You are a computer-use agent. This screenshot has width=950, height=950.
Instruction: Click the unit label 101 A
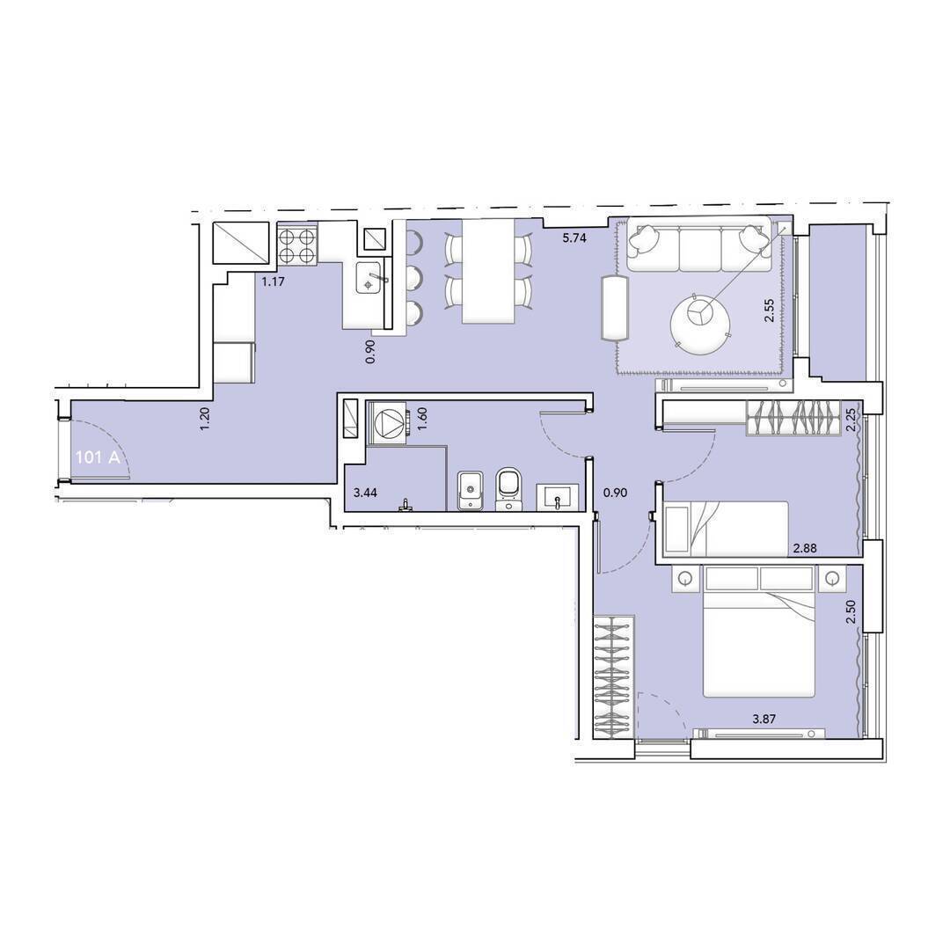[97, 457]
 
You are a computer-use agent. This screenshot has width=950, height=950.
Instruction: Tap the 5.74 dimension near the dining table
[574, 238]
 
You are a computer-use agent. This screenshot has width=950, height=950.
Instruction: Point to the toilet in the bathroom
[508, 488]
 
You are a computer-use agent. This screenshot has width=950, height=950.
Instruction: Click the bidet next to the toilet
[470, 490]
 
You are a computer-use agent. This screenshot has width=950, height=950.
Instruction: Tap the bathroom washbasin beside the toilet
[558, 497]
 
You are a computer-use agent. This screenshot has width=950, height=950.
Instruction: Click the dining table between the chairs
[488, 270]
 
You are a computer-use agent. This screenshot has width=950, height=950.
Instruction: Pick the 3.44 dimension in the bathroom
[365, 493]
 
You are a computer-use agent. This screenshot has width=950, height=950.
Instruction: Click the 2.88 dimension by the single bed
[805, 548]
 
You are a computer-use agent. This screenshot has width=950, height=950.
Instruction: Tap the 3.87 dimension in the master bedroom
[764, 720]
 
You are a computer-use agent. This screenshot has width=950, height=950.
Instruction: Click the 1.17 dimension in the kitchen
[273, 281]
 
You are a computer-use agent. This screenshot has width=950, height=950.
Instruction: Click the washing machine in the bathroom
[387, 423]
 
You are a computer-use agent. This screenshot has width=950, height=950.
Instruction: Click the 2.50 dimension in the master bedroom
[851, 612]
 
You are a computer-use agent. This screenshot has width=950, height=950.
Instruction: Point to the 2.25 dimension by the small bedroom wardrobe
[851, 420]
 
